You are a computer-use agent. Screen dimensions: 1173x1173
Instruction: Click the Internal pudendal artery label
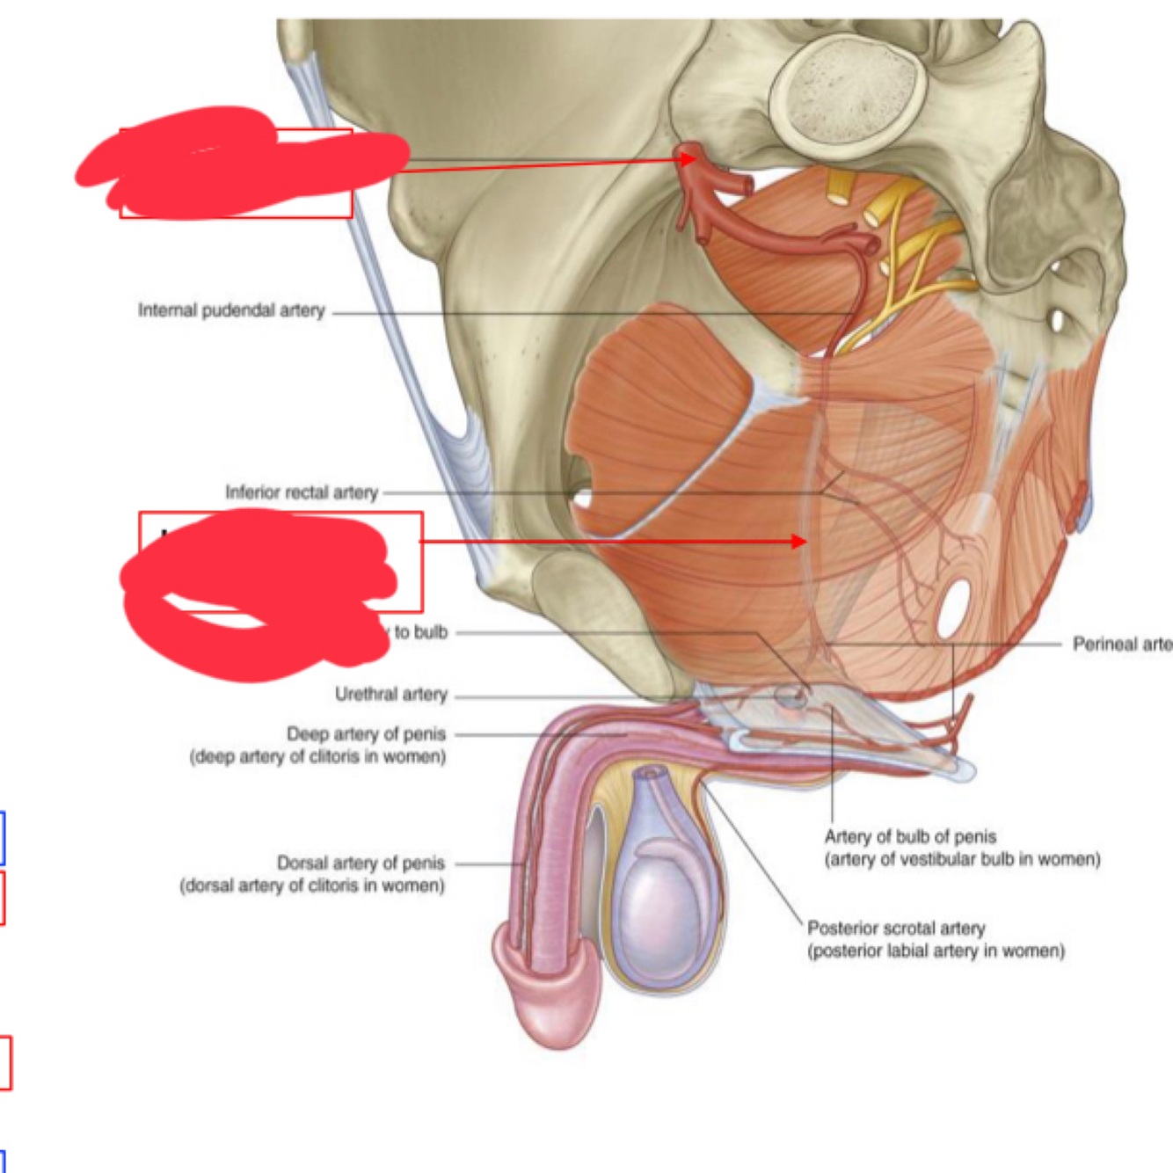pyautogui.click(x=231, y=310)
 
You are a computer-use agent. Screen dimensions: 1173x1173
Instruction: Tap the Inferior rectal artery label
pyautogui.click(x=301, y=492)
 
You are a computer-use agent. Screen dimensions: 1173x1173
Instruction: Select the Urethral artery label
pyautogui.click(x=390, y=695)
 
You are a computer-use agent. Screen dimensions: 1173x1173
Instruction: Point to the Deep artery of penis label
pyautogui.click(x=366, y=734)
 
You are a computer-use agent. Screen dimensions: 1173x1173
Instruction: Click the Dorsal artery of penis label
pyautogui.click(x=361, y=863)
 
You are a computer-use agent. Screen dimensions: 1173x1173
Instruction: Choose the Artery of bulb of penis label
pyautogui.click(x=910, y=837)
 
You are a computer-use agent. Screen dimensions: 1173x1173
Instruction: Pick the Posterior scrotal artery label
pyautogui.click(x=896, y=929)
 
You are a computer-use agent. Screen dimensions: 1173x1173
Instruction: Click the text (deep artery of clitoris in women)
pyautogui.click(x=317, y=757)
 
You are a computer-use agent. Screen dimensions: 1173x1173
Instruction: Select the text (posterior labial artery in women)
pyautogui.click(x=936, y=951)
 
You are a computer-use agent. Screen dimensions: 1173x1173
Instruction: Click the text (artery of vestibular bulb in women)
pyautogui.click(x=962, y=860)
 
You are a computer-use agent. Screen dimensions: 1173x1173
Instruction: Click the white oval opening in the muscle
pyautogui.click(x=953, y=609)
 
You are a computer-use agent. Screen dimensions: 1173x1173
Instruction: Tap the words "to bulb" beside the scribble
pyautogui.click(x=420, y=632)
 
